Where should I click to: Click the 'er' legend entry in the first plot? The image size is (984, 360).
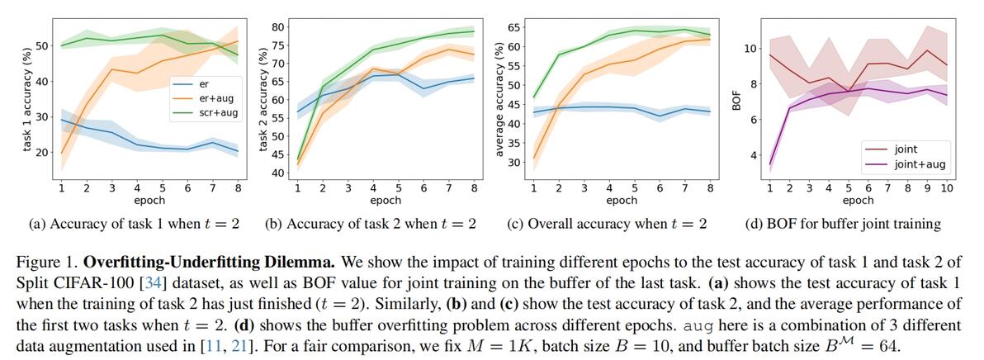(x=205, y=84)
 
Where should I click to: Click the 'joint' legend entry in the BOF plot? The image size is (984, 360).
(x=909, y=149)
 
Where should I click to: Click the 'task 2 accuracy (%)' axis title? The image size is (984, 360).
(x=263, y=99)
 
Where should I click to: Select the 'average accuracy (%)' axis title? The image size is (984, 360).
(x=499, y=99)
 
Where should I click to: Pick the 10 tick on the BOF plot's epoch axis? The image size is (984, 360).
(x=946, y=187)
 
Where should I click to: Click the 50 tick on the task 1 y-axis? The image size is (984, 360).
(x=42, y=45)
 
